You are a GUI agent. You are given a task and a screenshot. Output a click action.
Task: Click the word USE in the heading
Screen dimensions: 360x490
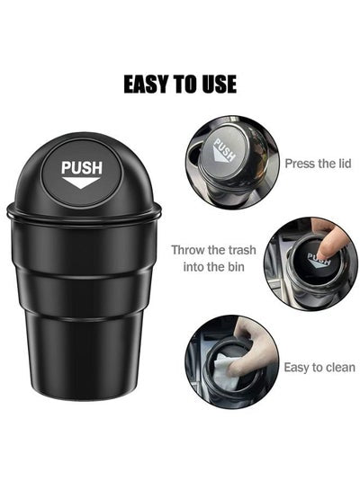219,84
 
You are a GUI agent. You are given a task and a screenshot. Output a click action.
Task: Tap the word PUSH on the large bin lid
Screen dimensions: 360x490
82,168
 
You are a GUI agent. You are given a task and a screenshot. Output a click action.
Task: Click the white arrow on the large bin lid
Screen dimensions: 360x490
81,183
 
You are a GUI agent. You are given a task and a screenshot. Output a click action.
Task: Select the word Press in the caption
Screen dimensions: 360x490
295,164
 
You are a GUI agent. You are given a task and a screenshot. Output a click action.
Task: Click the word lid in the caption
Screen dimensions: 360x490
344,164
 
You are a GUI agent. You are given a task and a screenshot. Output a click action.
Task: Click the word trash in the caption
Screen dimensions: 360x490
241,250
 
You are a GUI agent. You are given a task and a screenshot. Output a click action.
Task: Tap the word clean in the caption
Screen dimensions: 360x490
340,368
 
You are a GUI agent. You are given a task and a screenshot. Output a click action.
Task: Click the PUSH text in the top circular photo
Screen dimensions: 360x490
224,149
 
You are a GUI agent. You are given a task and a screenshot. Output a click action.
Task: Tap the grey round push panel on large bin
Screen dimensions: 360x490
81,174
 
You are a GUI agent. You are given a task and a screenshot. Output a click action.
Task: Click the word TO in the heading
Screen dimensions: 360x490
184,84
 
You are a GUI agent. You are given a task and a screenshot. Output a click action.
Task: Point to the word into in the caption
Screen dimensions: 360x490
193,267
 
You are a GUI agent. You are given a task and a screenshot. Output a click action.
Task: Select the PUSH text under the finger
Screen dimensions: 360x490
319,259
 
